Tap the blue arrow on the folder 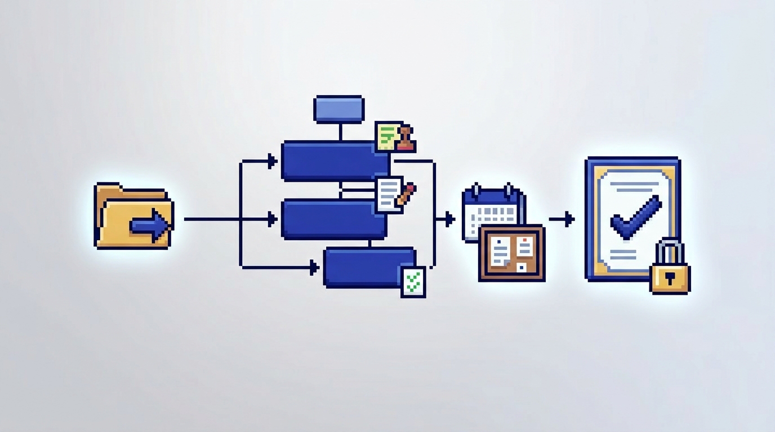(x=151, y=226)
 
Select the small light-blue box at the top (x=339, y=109)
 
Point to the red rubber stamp (x=406, y=139)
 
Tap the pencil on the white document (x=406, y=194)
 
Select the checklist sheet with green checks (x=413, y=282)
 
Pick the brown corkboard (x=511, y=253)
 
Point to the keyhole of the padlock (x=670, y=278)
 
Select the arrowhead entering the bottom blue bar (x=314, y=267)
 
